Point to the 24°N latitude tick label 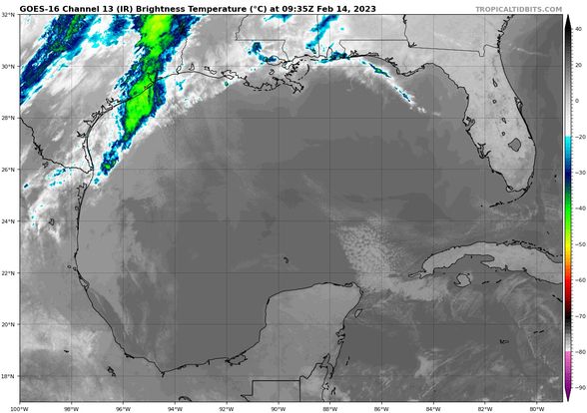[9, 221]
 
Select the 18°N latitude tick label [9, 376]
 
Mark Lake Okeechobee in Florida [515, 145]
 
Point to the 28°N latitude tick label [9, 118]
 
